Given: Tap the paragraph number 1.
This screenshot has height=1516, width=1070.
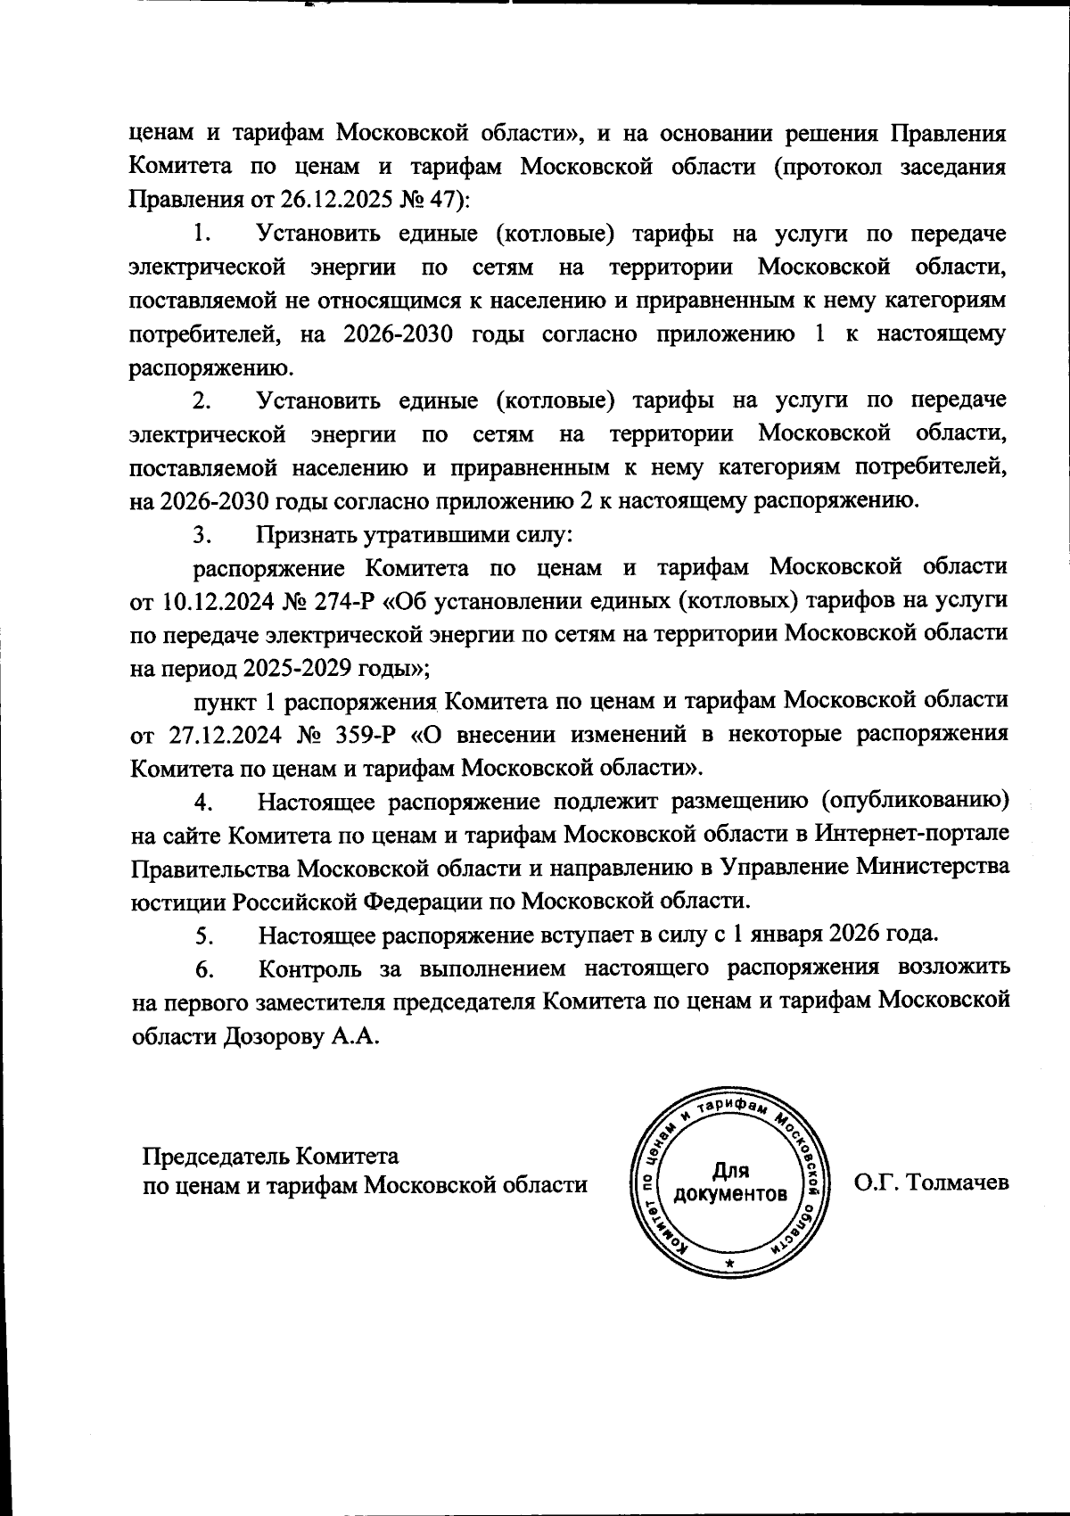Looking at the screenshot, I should [202, 235].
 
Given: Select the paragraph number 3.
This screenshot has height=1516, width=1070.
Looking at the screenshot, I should [202, 536].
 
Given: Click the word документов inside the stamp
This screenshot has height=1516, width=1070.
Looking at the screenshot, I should [730, 1194].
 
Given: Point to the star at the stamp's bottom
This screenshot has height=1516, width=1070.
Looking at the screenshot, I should [730, 1265].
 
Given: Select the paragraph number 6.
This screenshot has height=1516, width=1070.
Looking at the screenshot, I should [202, 968].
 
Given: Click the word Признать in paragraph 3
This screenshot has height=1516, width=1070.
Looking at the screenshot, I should [308, 536].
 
